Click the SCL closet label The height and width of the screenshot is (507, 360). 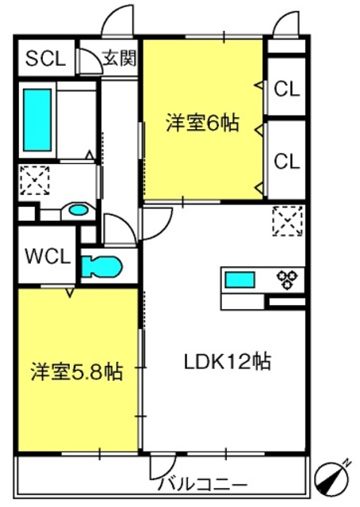(x=45, y=59)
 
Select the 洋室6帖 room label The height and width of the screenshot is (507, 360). (x=203, y=123)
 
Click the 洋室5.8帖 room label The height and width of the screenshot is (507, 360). (x=77, y=371)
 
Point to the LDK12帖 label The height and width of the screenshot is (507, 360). (x=228, y=362)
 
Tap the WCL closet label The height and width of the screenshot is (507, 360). (x=48, y=257)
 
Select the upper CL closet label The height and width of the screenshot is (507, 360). (x=286, y=90)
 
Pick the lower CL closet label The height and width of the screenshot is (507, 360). (x=286, y=161)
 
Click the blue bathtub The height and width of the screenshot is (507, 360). (x=36, y=120)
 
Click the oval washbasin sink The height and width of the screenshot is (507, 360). (x=77, y=211)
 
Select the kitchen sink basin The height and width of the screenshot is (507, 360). (x=239, y=280)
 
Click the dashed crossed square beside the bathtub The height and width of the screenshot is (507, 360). (x=34, y=181)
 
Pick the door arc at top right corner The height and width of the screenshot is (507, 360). (x=287, y=25)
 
